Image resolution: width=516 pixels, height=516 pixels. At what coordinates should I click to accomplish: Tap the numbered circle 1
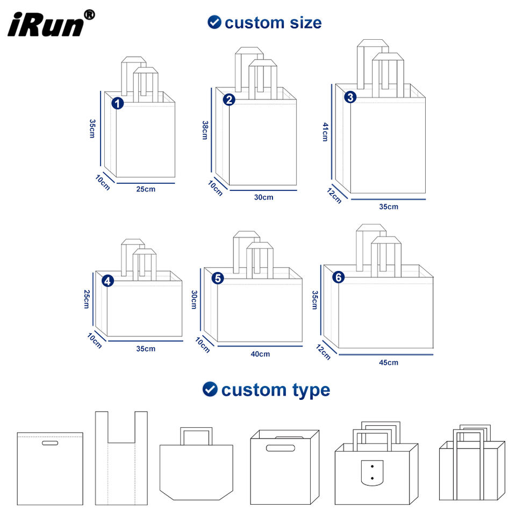click(118, 103)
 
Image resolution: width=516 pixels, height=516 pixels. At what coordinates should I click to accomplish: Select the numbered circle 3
click(350, 97)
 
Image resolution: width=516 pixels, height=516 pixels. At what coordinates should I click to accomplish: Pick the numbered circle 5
click(218, 278)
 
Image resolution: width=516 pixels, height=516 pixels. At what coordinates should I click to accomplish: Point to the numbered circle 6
click(338, 277)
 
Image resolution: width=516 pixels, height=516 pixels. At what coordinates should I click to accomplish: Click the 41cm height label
click(325, 132)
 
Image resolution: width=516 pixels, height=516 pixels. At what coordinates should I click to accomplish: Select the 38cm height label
click(205, 130)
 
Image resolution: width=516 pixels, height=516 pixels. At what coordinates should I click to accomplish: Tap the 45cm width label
click(389, 362)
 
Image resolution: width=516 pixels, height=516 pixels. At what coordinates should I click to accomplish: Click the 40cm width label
click(260, 354)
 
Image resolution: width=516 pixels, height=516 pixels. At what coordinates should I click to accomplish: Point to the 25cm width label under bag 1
click(146, 189)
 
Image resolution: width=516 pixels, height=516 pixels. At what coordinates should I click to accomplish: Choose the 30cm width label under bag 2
click(263, 197)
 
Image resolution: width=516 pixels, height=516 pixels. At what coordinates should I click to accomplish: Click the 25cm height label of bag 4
click(86, 299)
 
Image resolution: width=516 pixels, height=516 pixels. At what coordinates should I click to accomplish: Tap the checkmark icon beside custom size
click(214, 23)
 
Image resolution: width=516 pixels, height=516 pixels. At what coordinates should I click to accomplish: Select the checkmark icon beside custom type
click(210, 389)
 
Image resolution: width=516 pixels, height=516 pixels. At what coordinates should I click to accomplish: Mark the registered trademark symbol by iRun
click(89, 15)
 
